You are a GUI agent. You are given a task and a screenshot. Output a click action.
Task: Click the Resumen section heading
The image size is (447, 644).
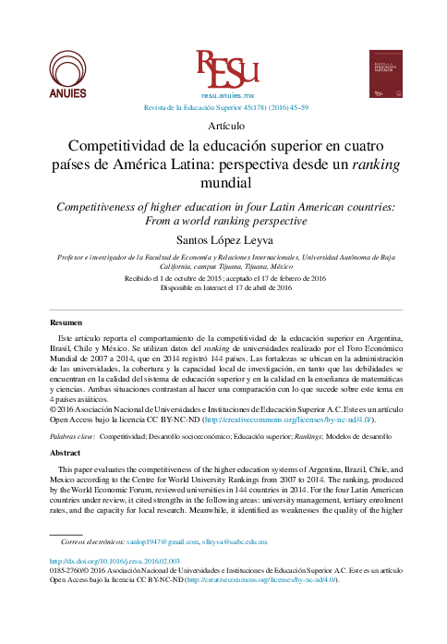click(x=65, y=322)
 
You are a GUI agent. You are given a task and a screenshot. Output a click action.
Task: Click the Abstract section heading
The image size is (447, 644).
click(x=65, y=455)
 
